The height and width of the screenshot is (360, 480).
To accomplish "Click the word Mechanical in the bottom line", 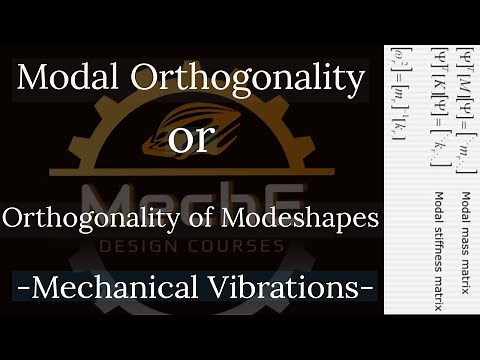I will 135,287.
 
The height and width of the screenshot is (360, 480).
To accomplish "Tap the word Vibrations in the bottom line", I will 299,287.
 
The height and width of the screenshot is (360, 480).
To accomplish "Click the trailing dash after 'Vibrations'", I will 368,289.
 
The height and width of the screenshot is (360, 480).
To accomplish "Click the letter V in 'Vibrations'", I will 245,287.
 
